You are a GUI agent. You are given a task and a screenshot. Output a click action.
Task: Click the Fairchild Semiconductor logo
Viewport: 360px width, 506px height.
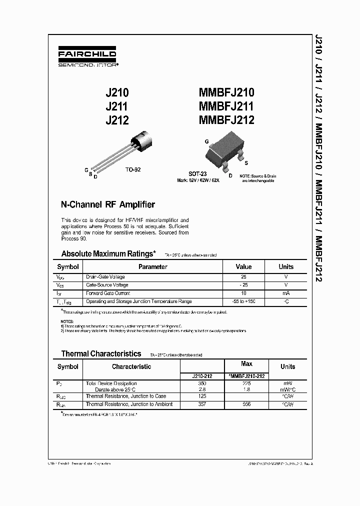[87, 57]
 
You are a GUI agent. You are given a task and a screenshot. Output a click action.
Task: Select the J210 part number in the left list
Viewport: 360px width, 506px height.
[117, 92]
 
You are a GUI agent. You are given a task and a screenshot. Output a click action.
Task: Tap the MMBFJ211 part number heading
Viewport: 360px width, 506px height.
[226, 106]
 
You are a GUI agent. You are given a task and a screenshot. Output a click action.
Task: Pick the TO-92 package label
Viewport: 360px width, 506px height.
[133, 169]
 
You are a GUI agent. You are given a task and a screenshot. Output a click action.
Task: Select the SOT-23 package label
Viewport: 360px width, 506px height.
[197, 174]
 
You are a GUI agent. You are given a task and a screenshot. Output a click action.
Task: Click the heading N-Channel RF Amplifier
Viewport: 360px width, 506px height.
[107, 204]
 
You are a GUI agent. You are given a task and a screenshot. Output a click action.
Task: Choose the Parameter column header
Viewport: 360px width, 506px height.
[152, 267]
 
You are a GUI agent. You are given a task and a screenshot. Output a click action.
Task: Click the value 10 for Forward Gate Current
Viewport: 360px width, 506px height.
[243, 293]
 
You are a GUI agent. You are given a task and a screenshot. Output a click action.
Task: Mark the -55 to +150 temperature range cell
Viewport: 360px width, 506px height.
[243, 301]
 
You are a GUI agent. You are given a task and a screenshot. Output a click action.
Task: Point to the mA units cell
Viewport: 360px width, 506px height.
[286, 293]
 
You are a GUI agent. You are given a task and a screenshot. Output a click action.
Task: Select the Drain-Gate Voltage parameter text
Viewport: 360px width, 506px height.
[105, 277]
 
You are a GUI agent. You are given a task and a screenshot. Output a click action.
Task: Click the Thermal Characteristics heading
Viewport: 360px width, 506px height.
[101, 354]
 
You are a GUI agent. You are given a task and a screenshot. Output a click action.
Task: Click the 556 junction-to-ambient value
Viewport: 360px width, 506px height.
[246, 404]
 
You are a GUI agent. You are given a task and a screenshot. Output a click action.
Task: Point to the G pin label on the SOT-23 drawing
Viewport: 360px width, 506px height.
[206, 141]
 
